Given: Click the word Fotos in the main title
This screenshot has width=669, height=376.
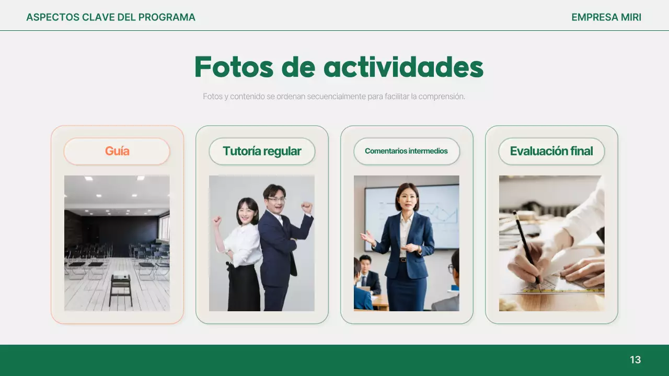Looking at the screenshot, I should coord(234,67).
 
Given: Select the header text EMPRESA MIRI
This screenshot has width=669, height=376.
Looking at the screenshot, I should coord(606,17).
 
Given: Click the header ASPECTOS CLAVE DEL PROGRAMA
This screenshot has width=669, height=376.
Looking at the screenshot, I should coord(111,17).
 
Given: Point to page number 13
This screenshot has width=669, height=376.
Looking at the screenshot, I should coord(635,360).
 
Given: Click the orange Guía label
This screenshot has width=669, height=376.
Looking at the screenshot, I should coord(117,151).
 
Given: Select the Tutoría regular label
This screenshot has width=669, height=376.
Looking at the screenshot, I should coord(262,151).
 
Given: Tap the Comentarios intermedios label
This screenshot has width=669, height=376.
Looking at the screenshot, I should coord(406,151).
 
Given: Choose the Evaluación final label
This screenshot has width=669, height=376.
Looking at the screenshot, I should coord(551,151).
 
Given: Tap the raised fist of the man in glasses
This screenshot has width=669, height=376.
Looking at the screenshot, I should coord(307,208).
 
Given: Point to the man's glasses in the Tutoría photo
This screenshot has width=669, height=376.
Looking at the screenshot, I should coord(276,199).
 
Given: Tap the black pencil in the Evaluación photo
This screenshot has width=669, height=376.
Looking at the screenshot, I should coord(525,245).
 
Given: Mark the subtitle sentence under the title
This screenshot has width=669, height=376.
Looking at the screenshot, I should coord(334,97).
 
